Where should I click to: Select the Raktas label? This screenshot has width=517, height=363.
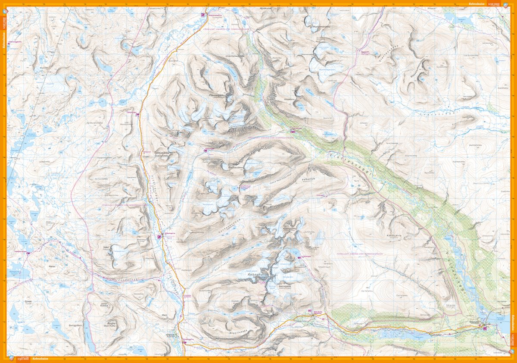point(53,267)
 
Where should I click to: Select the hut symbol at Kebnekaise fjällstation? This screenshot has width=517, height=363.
point(309,312)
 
